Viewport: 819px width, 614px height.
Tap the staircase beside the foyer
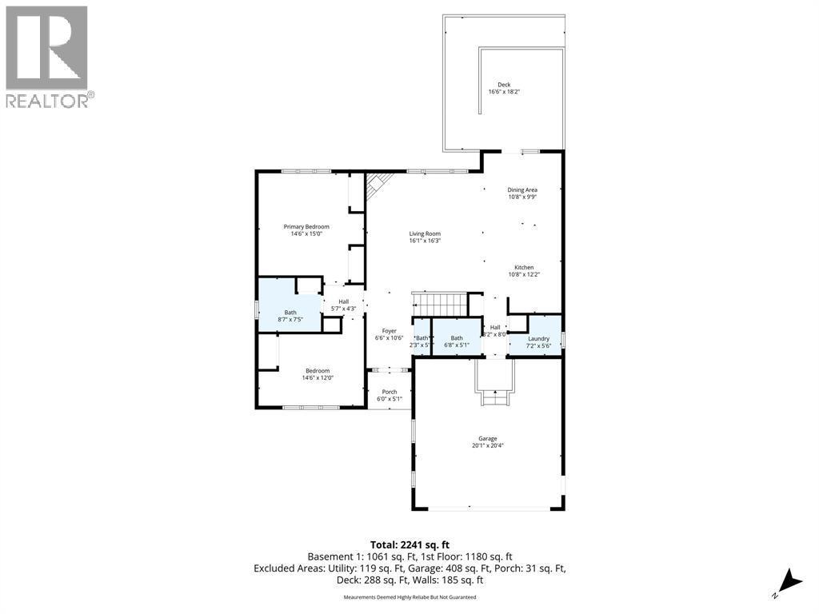439,305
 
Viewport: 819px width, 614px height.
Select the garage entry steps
496,396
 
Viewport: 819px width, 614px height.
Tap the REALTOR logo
47,56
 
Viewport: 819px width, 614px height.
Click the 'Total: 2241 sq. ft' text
409,544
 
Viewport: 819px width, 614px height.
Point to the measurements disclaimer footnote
409,597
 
